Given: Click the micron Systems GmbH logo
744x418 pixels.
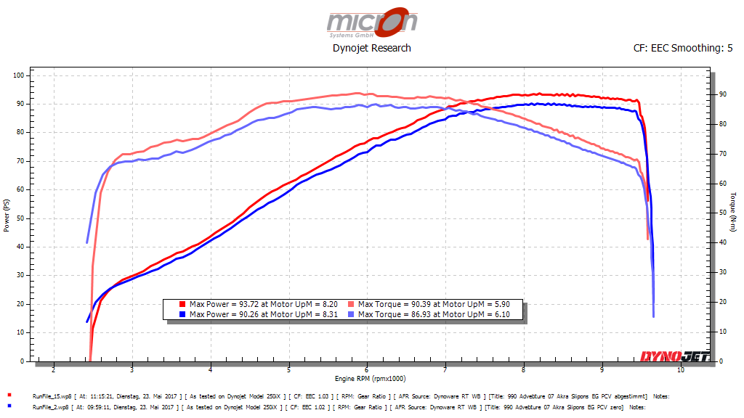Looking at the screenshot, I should [371, 22].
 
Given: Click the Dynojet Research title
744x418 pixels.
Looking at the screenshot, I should [371, 48].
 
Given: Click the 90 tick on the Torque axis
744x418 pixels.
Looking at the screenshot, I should [722, 94].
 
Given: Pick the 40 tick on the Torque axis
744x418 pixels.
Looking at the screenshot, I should [722, 242].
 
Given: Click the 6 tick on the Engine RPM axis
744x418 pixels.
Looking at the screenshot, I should [368, 370].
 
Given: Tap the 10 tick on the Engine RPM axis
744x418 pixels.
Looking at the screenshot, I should [681, 370].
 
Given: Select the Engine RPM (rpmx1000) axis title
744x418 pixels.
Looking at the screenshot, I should [371, 379].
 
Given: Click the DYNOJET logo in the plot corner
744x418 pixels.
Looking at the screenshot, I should [674, 356].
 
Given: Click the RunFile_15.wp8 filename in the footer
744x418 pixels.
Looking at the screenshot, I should [50, 396].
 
